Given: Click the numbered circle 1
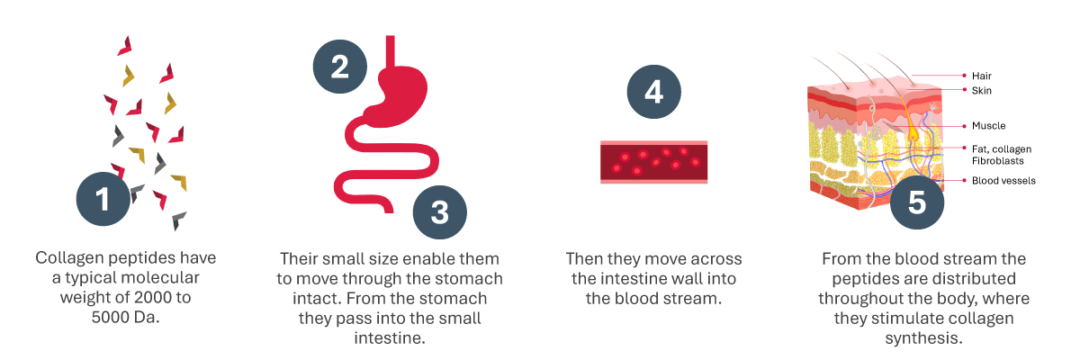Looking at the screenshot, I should tap(103, 199).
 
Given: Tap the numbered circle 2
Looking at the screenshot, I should tap(339, 67).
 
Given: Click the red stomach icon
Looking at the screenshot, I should tap(396, 85).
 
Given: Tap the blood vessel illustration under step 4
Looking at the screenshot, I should tap(653, 161).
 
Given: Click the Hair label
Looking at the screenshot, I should tap(982, 76).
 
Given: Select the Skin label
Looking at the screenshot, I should tap(982, 91).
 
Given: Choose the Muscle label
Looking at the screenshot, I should tap(988, 126).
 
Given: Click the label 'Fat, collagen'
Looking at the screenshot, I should tap(1002, 148).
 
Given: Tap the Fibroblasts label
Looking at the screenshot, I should tap(998, 160).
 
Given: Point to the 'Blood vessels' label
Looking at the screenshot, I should tap(1003, 181).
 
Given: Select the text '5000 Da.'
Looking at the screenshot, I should tap(126, 318).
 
